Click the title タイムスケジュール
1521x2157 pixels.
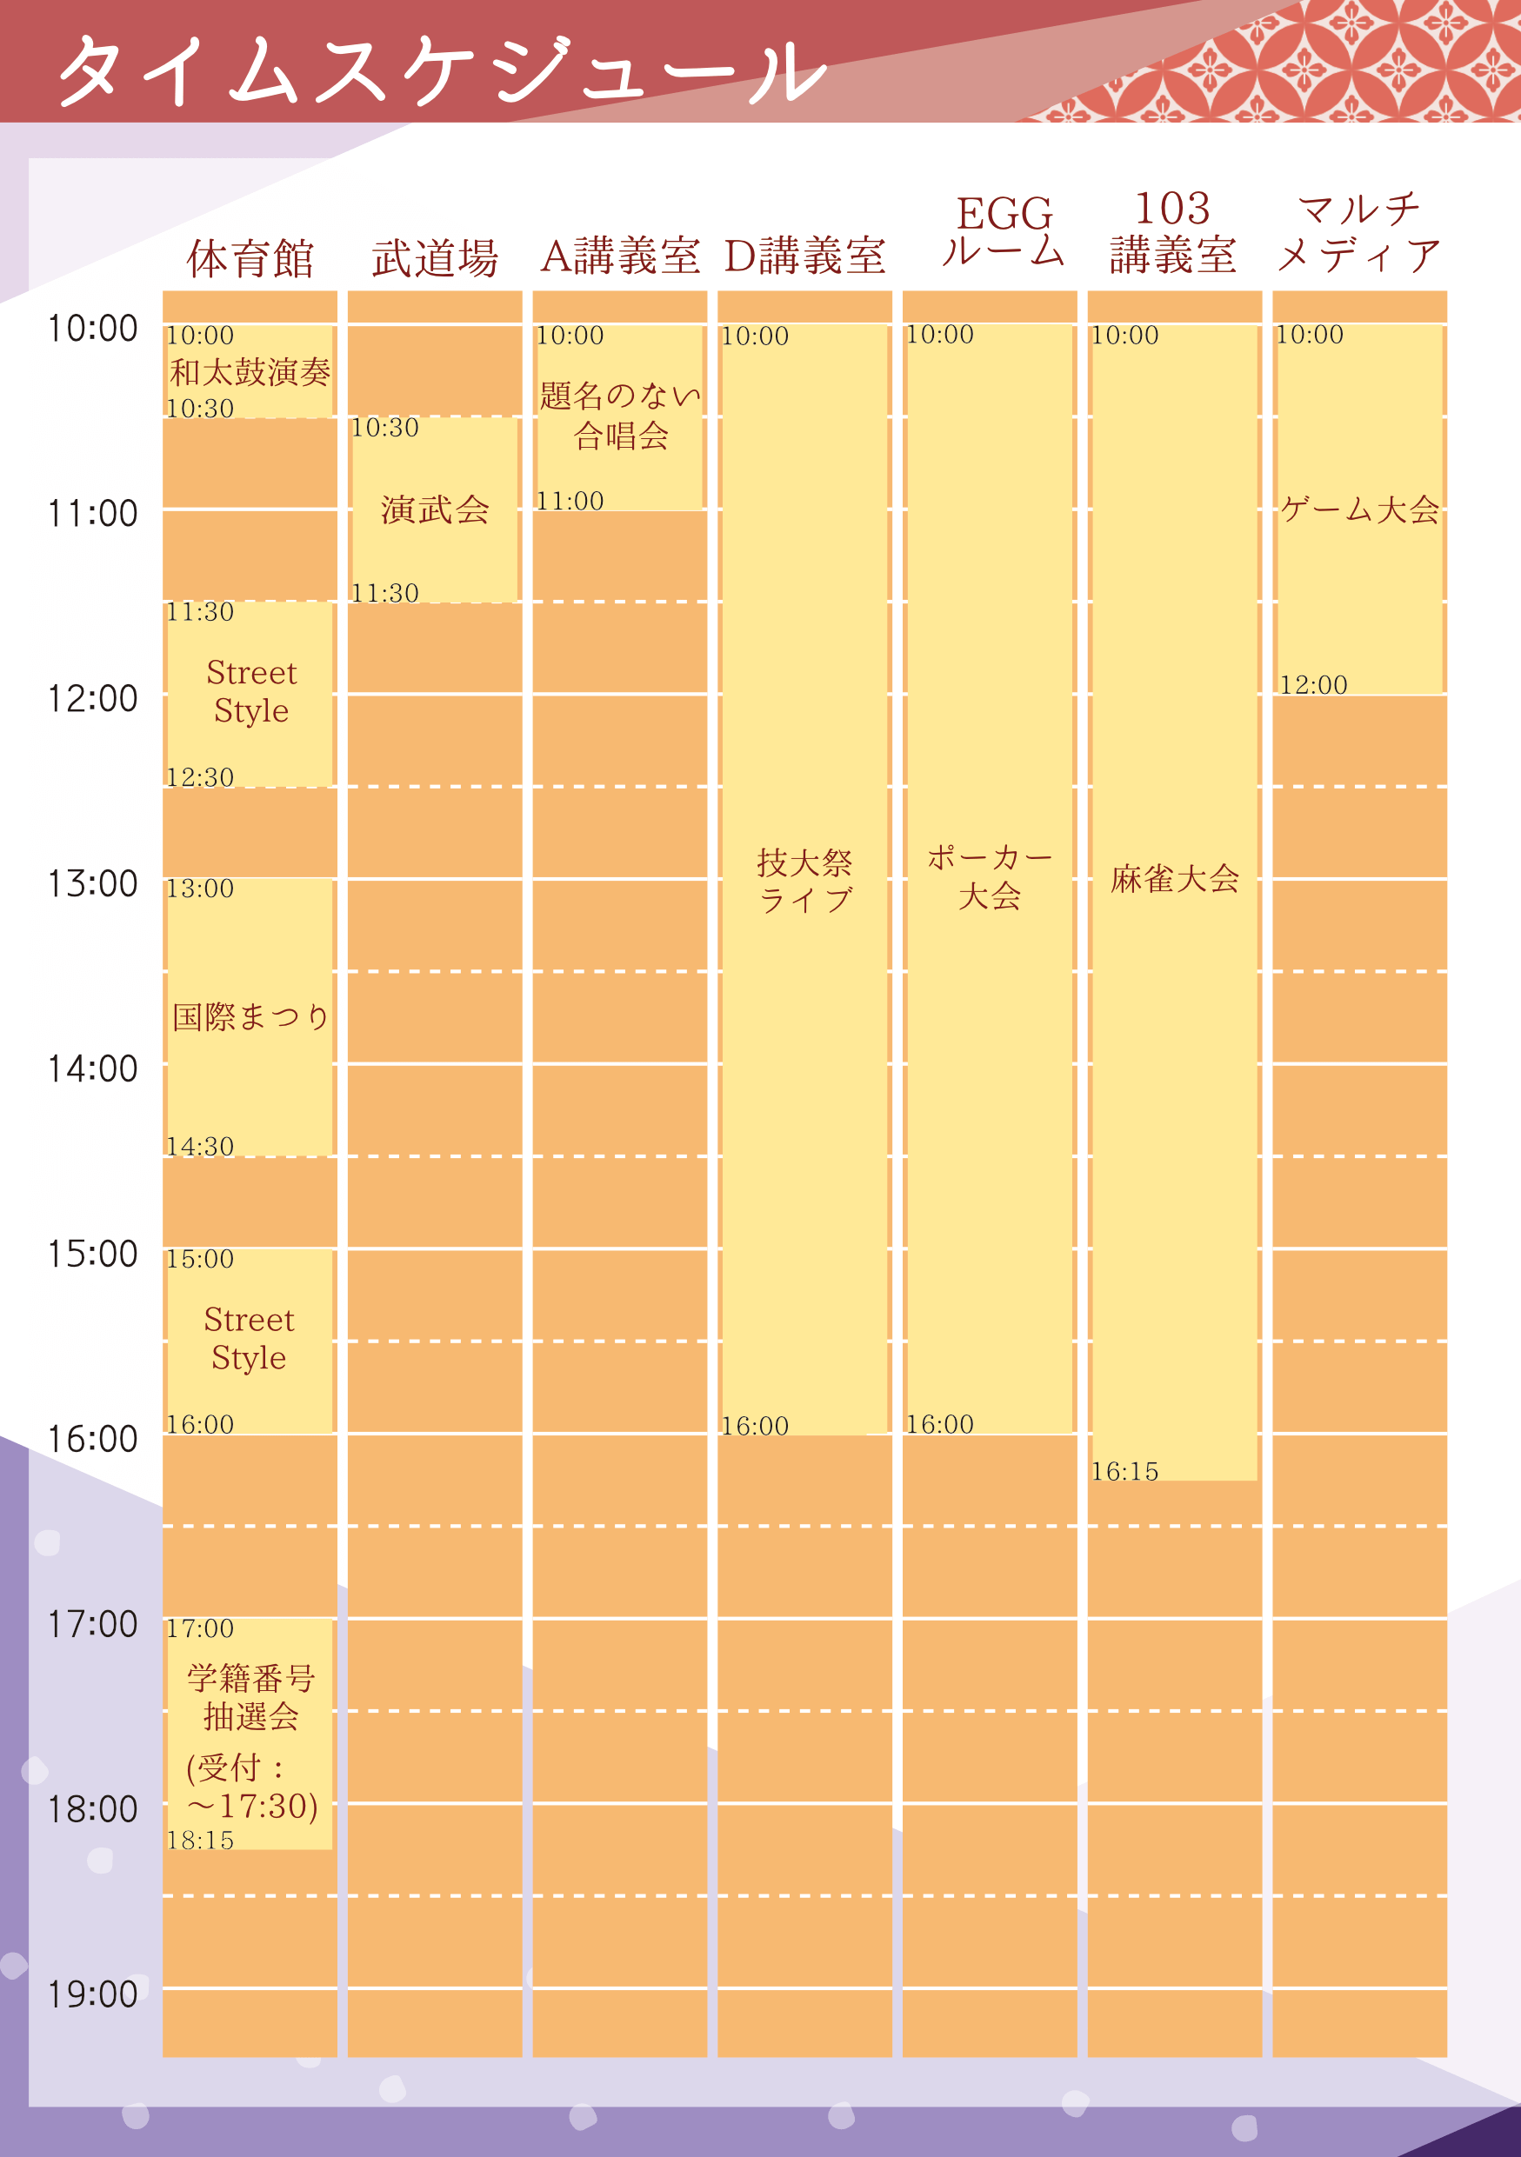pyautogui.click(x=442, y=70)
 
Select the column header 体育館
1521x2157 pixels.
pyautogui.click(x=250, y=258)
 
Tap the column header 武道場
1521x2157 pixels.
pyautogui.click(x=435, y=258)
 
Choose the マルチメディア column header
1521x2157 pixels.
pyautogui.click(x=1358, y=232)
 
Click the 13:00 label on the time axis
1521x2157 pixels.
pyautogui.click(x=92, y=884)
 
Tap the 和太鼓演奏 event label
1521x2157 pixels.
pyautogui.click(x=250, y=373)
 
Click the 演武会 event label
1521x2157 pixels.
pyautogui.click(x=435, y=510)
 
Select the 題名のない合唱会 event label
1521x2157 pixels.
pyautogui.click(x=620, y=416)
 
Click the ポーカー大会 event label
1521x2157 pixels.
pyautogui.click(x=990, y=876)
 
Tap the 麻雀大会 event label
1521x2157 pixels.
pyautogui.click(x=1174, y=879)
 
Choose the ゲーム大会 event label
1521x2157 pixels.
pyautogui.click(x=1359, y=510)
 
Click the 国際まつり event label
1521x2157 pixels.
pyautogui.click(x=250, y=1016)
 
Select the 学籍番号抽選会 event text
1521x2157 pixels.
pyautogui.click(x=250, y=1698)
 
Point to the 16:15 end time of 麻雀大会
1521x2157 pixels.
pyautogui.click(x=1124, y=1471)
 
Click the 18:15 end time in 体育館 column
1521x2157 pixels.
pyautogui.click(x=200, y=1841)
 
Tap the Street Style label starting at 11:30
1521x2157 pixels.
pyautogui.click(x=250, y=691)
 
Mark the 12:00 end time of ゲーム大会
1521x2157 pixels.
pyautogui.click(x=1313, y=685)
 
